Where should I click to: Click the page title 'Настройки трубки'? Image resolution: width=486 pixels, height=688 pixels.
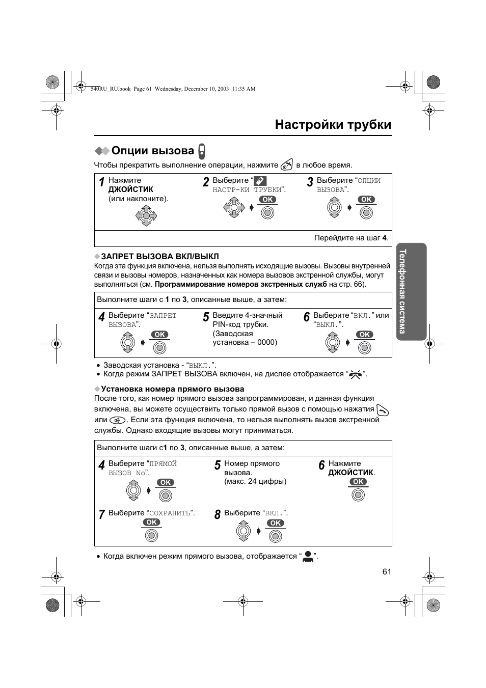pos(333,125)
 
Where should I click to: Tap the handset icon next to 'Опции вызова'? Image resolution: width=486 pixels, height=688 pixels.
pos(202,151)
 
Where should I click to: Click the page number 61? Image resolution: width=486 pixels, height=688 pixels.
pos(387,571)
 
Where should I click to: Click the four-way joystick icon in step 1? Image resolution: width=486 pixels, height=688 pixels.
pos(146,216)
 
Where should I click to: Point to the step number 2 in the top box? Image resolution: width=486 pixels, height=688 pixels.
pos(206,182)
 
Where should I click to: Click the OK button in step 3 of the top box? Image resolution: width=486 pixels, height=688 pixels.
pos(366,200)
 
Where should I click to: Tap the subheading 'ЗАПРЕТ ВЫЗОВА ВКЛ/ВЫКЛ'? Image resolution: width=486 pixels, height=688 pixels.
pos(159,256)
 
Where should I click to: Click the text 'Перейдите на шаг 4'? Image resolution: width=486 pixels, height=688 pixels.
pos(351,238)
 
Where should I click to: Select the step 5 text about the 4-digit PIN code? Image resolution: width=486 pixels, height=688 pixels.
pos(247,329)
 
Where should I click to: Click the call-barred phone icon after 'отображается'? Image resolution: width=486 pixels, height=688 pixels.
pos(356,374)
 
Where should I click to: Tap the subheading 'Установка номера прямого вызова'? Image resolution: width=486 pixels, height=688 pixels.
pos(172,389)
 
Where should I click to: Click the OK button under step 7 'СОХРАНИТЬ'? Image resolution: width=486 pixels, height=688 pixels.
pos(151,522)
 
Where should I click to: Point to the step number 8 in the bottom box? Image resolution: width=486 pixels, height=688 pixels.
pos(218,515)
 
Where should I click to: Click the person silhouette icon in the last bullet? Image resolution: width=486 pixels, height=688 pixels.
pos(308,556)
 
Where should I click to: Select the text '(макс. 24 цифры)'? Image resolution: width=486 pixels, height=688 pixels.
pos(255,481)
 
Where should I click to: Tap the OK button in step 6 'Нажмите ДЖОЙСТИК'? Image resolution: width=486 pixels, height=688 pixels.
pos(358,482)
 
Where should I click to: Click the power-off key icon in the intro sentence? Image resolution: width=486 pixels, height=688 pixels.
pos(287,164)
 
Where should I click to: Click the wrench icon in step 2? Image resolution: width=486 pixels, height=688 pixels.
pos(260,181)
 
